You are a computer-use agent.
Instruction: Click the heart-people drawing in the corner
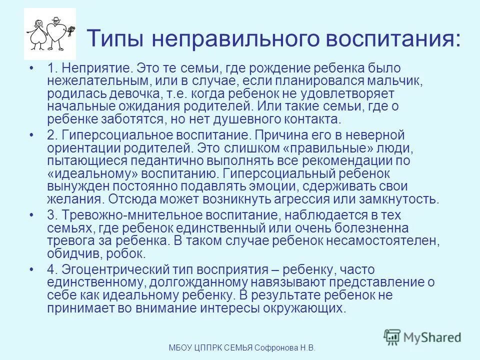tap(50, 34)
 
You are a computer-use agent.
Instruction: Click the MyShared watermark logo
tap(423, 337)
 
